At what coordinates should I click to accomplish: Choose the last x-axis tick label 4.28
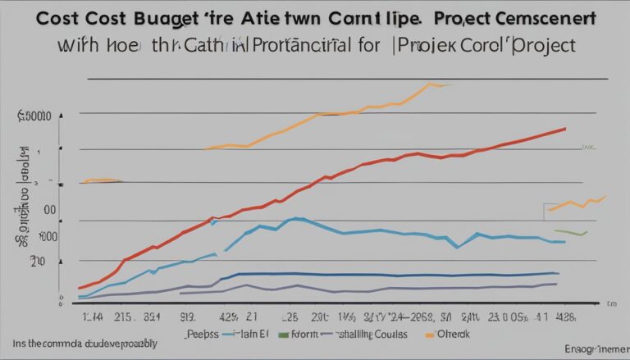tap(567, 314)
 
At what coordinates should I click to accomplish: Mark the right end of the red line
tap(565, 129)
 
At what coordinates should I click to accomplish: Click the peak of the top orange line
tap(430, 84)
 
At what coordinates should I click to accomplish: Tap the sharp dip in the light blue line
tap(458, 245)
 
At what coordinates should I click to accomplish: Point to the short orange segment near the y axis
tap(102, 180)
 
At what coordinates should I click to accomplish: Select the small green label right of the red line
tap(587, 148)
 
